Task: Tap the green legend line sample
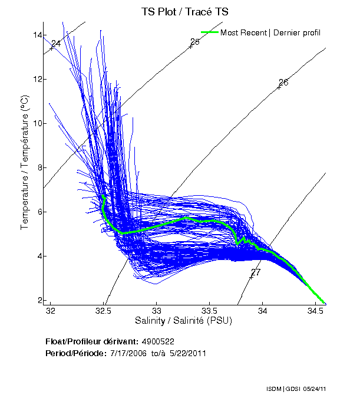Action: (209, 32)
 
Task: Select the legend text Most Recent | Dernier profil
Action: (270, 32)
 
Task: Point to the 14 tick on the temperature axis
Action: (38, 35)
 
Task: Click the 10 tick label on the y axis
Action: (38, 124)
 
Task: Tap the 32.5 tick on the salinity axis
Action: (104, 311)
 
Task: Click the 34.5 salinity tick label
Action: (316, 311)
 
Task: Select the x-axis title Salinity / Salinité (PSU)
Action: (183, 321)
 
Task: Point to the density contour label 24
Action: (56, 44)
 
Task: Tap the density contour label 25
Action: (195, 42)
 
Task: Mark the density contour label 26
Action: (283, 83)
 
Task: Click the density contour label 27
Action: (256, 272)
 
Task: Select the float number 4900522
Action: (157, 341)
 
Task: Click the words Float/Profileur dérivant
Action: (91, 341)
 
